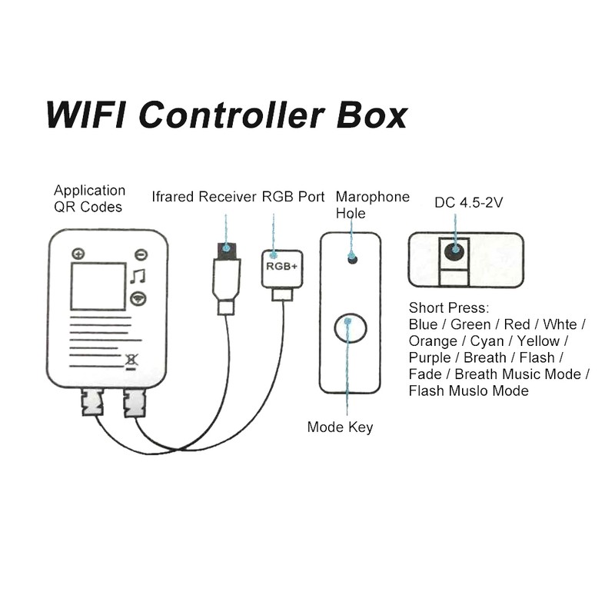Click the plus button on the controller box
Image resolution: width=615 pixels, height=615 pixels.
(78, 254)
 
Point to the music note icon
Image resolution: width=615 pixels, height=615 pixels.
(137, 276)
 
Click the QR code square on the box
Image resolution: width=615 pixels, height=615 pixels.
(97, 286)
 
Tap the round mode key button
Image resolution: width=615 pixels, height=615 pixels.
(350, 328)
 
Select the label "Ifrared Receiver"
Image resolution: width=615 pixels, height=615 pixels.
(204, 197)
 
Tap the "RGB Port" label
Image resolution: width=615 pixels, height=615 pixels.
(294, 197)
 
